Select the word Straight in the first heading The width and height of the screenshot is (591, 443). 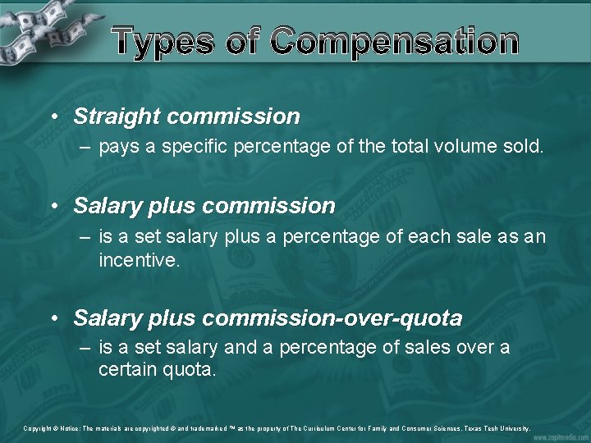click(116, 116)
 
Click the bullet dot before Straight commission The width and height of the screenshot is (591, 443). click(55, 116)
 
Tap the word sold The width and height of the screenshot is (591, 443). click(522, 148)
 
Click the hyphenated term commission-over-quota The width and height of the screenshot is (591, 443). click(332, 317)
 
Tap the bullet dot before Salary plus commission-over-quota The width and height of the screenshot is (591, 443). click(55, 317)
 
